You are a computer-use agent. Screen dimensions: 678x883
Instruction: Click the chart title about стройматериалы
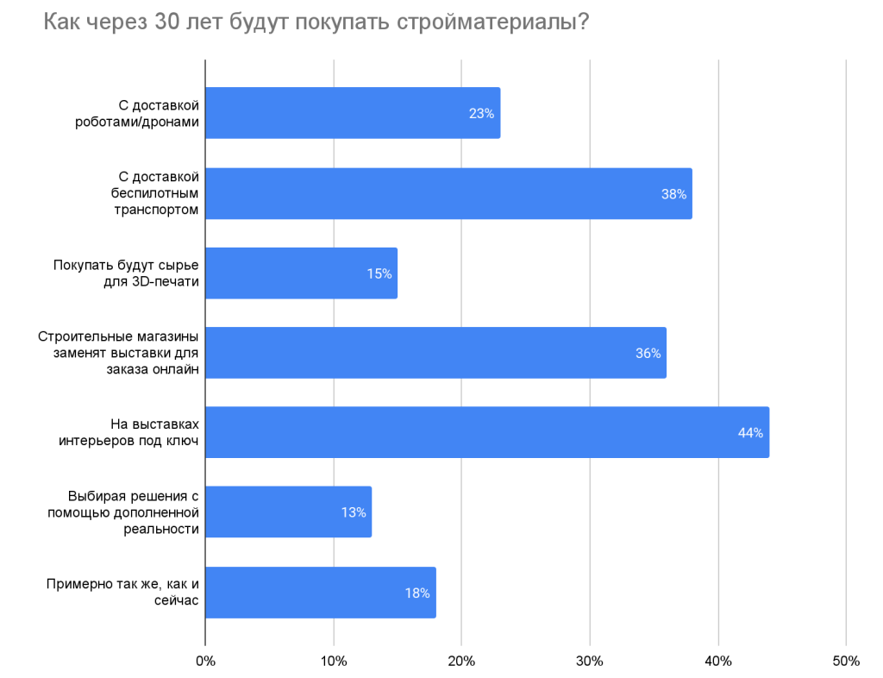tap(316, 23)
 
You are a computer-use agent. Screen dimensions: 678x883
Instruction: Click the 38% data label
tap(673, 194)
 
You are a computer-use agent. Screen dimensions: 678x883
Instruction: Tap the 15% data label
tap(379, 273)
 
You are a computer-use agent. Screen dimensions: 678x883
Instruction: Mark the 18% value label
tap(417, 593)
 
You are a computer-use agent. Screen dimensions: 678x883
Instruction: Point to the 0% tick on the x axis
tap(205, 661)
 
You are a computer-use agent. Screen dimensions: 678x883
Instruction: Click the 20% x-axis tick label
tap(461, 661)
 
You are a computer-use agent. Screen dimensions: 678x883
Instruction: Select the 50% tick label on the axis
tap(846, 661)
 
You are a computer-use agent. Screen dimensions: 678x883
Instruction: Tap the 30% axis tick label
tap(590, 661)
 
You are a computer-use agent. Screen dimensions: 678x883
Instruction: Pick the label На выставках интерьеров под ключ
tap(129, 432)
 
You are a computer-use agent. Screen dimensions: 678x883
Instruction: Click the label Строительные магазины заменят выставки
tap(119, 353)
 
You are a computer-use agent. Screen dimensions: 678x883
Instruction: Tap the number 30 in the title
tap(169, 23)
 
